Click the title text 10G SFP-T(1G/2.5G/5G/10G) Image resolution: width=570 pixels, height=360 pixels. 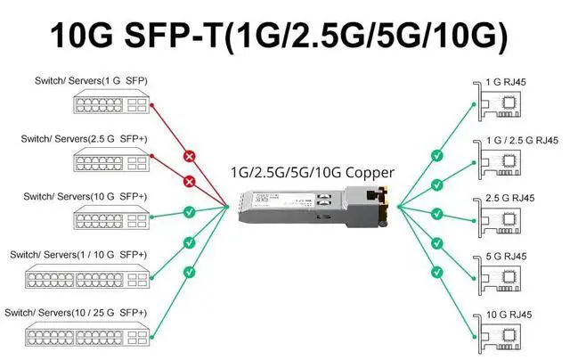pos(285,35)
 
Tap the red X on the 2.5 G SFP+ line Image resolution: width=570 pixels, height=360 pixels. pos(188,183)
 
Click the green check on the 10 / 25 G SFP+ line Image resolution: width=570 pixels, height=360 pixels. pos(188,271)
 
